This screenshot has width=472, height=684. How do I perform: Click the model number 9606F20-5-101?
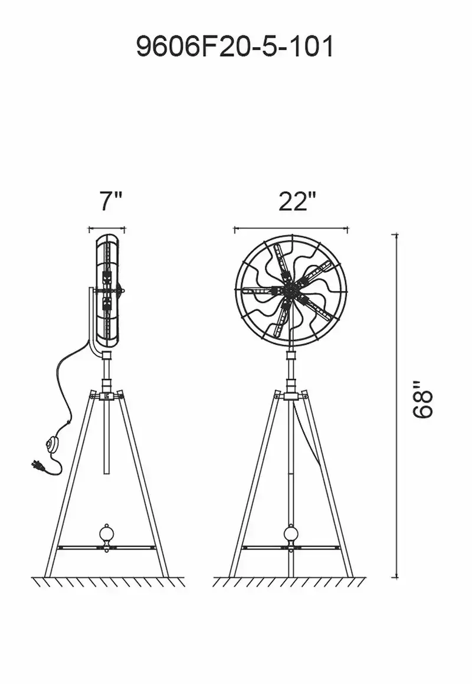point(235,47)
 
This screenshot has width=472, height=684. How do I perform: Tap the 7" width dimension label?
point(110,201)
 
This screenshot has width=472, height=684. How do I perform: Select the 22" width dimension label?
point(297,201)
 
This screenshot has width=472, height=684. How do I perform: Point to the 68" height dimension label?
point(422,399)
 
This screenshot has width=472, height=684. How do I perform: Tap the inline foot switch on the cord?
point(53,444)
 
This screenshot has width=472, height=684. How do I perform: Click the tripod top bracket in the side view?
point(106,395)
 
